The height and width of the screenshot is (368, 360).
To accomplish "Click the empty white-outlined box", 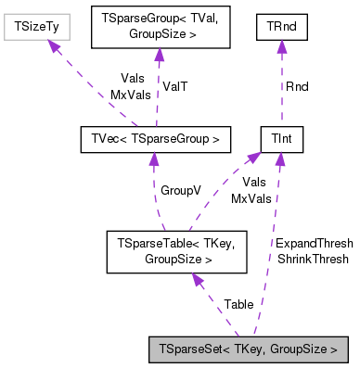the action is click(x=37, y=27).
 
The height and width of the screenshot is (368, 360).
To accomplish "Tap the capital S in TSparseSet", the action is click(x=170, y=350).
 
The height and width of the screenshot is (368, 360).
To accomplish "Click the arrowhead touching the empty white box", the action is click(x=55, y=46).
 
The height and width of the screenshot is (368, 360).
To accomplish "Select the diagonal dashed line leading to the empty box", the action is click(x=97, y=90).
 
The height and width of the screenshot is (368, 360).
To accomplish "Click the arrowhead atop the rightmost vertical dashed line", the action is click(x=281, y=46).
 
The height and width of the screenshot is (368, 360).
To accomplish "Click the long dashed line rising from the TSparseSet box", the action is click(x=271, y=250).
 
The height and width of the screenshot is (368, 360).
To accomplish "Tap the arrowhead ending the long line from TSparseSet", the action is click(x=279, y=159).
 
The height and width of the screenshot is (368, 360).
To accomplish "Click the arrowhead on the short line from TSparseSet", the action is click(x=197, y=279).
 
